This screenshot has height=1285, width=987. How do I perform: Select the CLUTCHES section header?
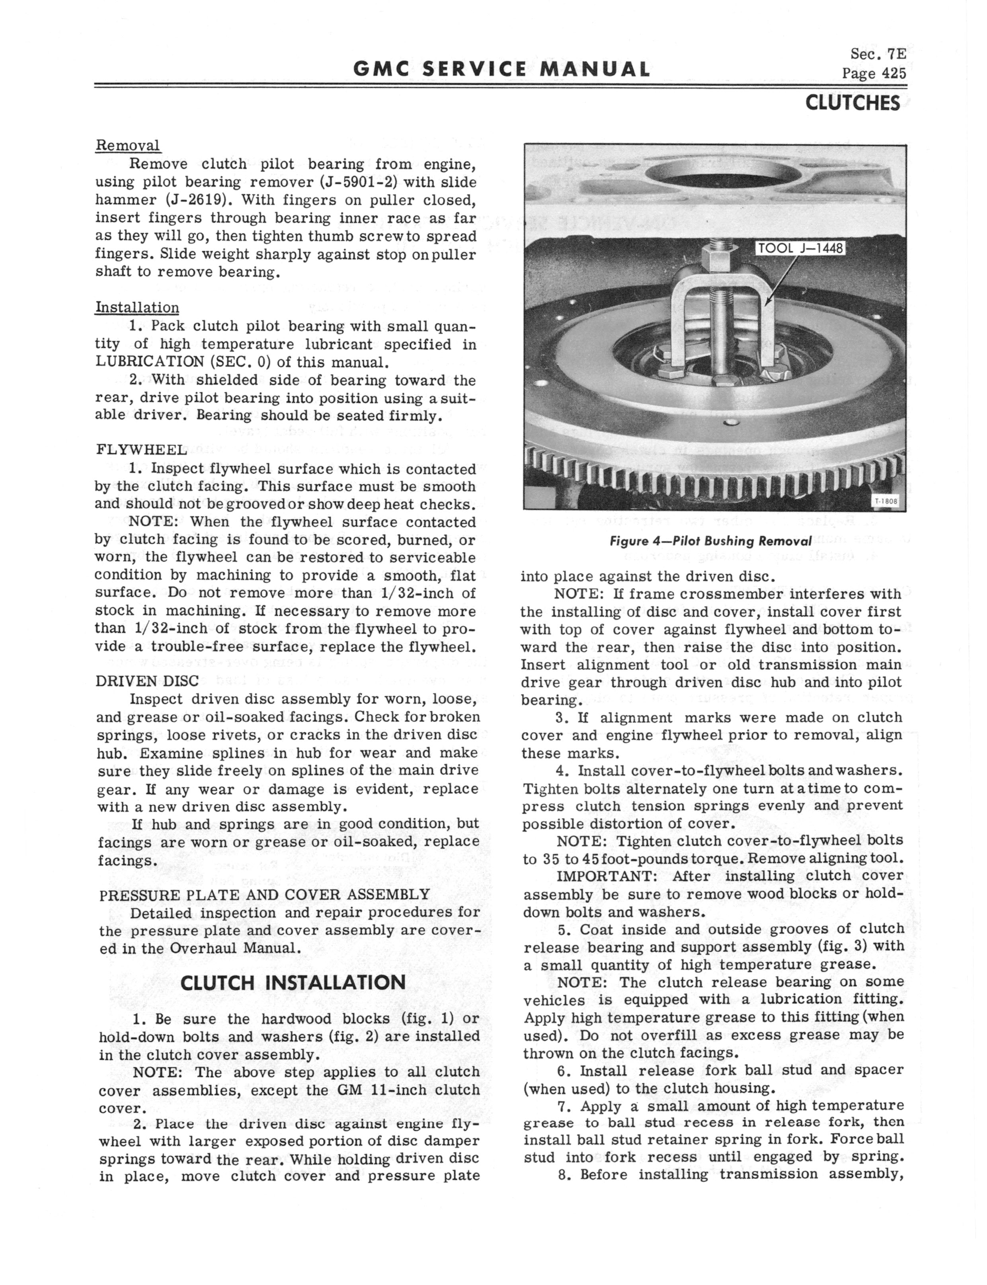(852, 103)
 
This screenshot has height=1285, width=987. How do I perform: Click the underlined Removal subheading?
(127, 145)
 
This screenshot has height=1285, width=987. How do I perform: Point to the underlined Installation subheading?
(137, 308)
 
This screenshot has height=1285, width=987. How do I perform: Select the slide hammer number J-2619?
(198, 200)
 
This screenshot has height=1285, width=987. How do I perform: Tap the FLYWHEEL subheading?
(140, 450)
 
